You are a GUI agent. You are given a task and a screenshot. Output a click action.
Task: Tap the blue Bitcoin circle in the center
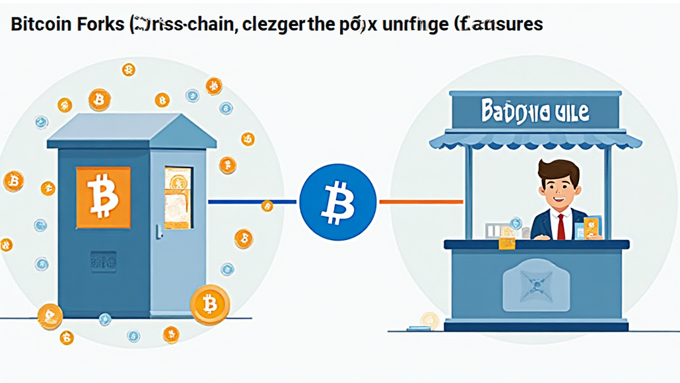(x=337, y=201)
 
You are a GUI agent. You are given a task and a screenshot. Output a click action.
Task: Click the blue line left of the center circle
(x=252, y=201)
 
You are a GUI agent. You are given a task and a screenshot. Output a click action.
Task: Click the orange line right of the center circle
(x=420, y=201)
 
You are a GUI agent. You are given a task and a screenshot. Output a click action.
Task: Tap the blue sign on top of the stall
(x=535, y=110)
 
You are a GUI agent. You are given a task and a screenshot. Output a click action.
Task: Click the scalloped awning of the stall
(x=535, y=140)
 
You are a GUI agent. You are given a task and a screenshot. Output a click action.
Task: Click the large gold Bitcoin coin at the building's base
(x=210, y=305)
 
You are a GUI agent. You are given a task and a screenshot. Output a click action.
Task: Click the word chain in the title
(x=198, y=25)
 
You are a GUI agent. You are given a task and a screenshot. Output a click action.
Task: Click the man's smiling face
(x=556, y=191)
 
